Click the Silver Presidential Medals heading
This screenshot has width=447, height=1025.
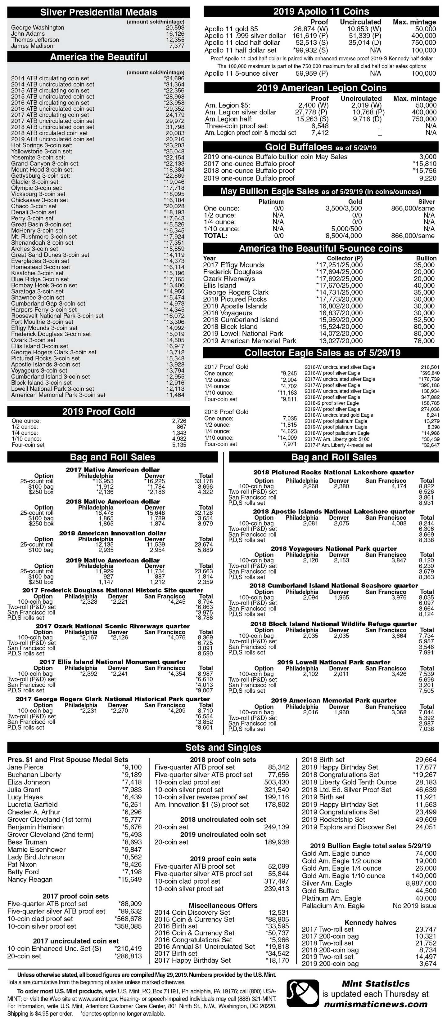point(98,12)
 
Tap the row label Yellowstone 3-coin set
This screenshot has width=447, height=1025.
point(42,151)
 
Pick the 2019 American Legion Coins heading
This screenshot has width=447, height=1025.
point(322,88)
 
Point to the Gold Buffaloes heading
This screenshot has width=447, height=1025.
point(321,147)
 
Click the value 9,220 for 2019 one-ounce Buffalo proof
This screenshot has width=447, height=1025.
point(427,178)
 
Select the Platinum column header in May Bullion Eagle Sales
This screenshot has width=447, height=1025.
point(271,202)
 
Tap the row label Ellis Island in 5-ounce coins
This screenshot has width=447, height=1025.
point(219,285)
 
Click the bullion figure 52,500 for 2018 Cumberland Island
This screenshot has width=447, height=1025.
point(424,320)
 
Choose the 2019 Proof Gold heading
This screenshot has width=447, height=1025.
point(98,411)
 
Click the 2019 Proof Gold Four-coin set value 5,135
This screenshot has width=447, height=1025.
point(179,445)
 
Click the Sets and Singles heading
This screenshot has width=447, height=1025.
point(223,747)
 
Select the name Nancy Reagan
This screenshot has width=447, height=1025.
point(30,879)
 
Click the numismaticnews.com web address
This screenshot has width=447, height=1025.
point(376,1004)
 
